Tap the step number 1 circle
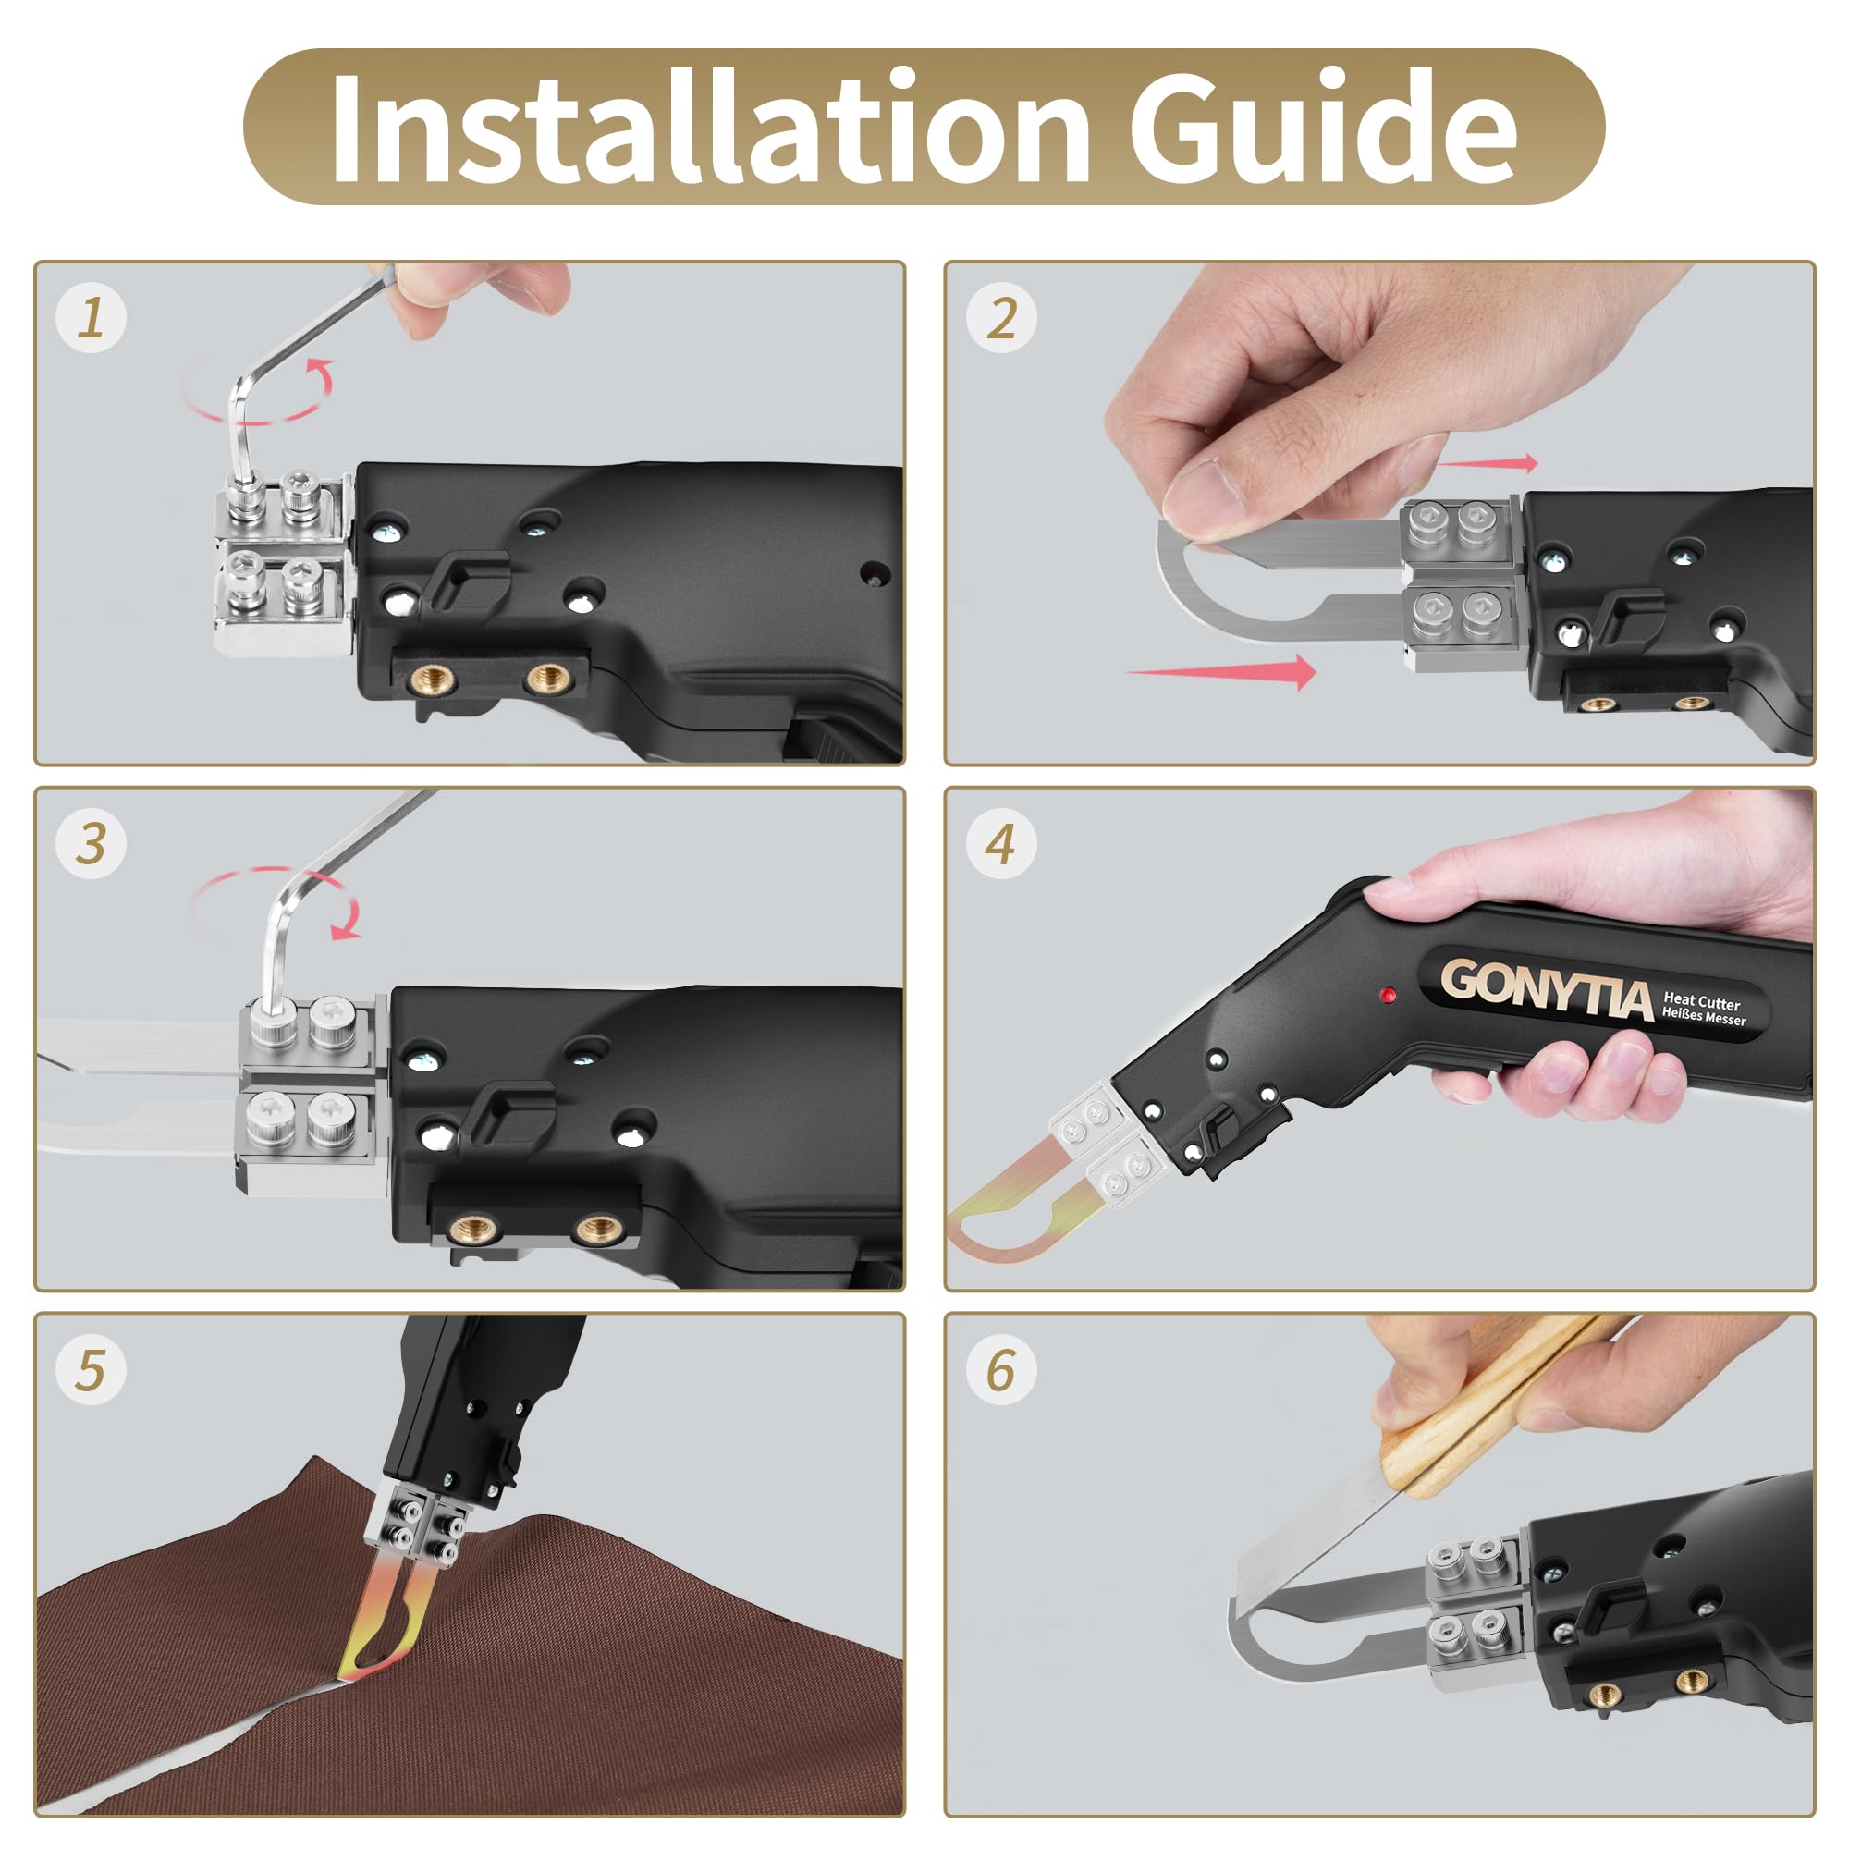[91, 317]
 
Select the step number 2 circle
[1001, 317]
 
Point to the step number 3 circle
[91, 843]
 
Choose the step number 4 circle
[1001, 843]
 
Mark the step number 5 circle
[91, 1369]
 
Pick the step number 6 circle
[1001, 1369]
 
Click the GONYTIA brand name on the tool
[1548, 989]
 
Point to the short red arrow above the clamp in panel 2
[1488, 464]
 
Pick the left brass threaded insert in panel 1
[433, 679]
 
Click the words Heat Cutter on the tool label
[1702, 1001]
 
